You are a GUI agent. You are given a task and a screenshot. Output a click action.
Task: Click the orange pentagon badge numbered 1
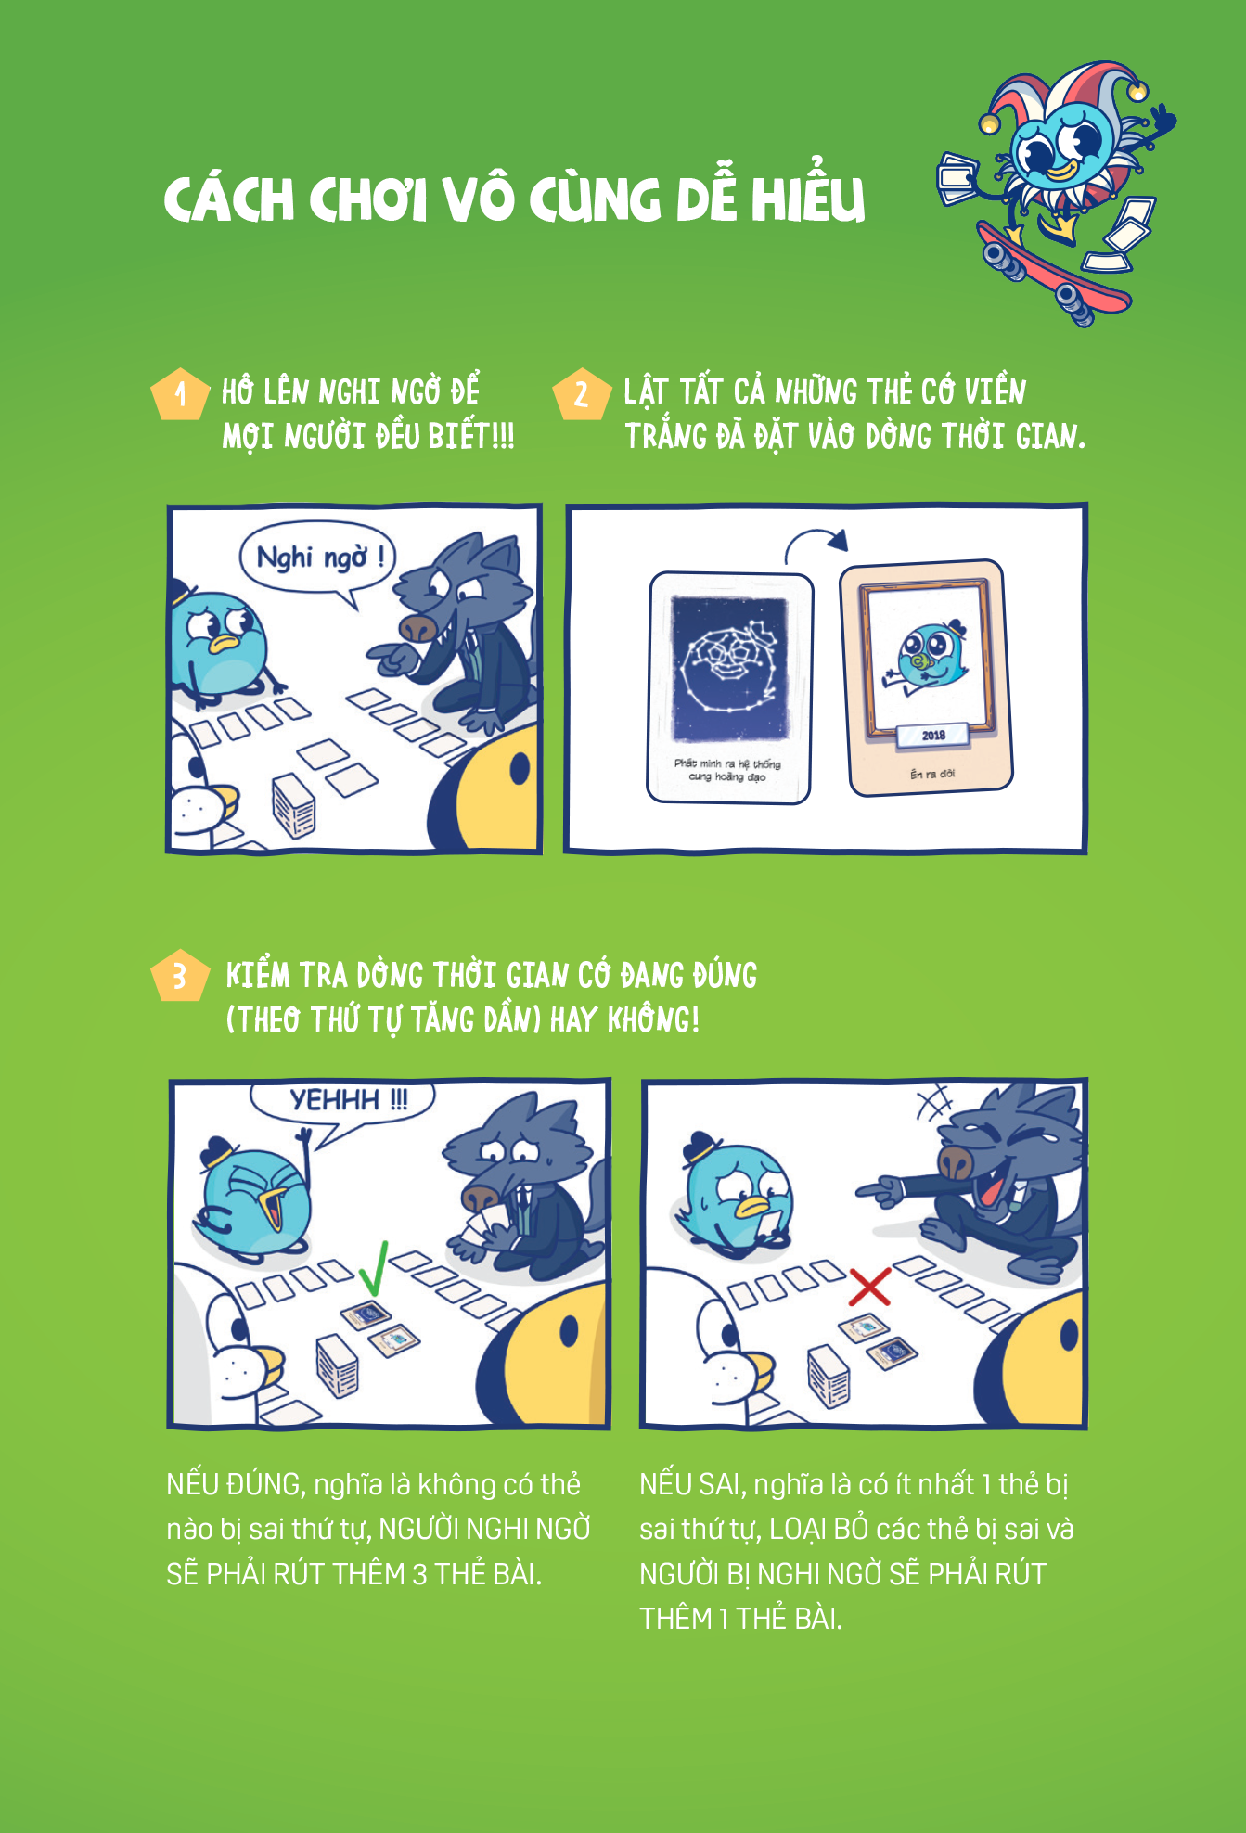180,395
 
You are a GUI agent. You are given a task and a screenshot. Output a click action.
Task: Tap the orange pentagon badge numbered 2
582,395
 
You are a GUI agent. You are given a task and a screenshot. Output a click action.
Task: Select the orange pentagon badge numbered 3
180,976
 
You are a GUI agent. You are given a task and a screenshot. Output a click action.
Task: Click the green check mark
374,1268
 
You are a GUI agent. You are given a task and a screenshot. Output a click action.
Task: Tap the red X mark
869,1286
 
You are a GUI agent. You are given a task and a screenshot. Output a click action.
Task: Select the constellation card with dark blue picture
729,687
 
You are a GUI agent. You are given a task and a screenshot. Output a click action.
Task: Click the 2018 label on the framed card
933,735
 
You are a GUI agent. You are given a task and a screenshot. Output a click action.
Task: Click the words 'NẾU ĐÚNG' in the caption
235,1484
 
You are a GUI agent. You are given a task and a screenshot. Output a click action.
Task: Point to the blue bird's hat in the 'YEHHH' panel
220,1151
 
